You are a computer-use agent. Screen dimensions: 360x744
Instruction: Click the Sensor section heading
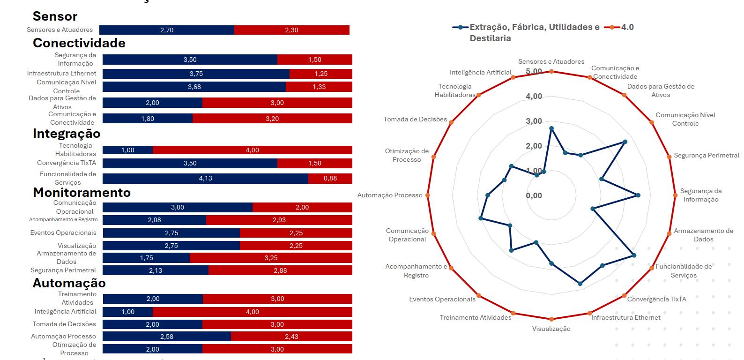click(55, 16)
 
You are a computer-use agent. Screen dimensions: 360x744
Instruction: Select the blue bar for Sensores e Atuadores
click(167, 30)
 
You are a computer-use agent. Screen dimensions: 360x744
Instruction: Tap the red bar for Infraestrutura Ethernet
click(321, 74)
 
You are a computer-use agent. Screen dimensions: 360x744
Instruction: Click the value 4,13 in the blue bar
click(206, 178)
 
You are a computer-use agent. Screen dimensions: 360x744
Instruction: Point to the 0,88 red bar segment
click(330, 178)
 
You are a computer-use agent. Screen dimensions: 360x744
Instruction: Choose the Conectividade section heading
click(79, 43)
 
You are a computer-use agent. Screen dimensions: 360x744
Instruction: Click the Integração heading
click(67, 134)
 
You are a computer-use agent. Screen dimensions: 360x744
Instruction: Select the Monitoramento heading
click(82, 193)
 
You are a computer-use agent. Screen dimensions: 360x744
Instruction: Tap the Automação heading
click(69, 283)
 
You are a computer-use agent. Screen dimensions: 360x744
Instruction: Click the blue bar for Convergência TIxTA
click(190, 163)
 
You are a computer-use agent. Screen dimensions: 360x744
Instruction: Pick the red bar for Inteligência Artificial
click(253, 312)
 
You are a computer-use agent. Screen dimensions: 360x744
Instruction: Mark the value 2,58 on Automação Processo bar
click(167, 337)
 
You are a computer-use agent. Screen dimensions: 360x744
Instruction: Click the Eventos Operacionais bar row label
click(63, 233)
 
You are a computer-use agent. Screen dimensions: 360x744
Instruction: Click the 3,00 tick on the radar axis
click(534, 121)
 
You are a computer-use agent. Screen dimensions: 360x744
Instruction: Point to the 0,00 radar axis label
click(534, 195)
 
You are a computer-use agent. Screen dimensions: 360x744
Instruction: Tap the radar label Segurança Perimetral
click(707, 156)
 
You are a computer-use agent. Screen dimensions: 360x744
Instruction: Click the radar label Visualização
click(551, 329)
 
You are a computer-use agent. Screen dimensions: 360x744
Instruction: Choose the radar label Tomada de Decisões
click(415, 120)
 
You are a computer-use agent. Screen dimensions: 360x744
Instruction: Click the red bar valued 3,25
click(271, 258)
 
